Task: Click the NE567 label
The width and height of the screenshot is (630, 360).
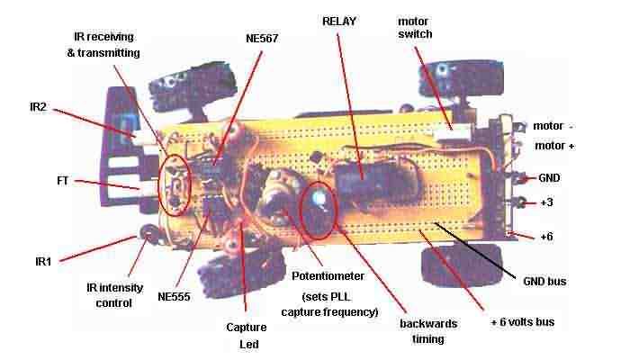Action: (x=262, y=39)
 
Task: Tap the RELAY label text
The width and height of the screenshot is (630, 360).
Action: (x=339, y=22)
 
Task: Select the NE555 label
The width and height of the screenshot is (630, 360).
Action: (x=174, y=297)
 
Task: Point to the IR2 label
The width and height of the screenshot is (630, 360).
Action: (x=38, y=107)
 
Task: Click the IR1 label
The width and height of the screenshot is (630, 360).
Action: (x=43, y=262)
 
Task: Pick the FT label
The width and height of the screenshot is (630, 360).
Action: (x=63, y=181)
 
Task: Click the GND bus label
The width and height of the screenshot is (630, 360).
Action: (x=544, y=281)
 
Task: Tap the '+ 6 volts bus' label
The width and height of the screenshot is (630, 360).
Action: (x=522, y=322)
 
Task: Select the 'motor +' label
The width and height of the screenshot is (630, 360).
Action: (x=554, y=146)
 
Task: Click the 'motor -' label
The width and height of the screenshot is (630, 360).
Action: (x=553, y=126)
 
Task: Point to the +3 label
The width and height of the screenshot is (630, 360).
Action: (x=546, y=202)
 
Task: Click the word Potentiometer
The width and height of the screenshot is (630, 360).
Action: (x=328, y=276)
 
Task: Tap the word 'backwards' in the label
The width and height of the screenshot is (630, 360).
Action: (x=428, y=323)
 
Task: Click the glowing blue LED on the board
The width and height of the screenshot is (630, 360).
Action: (x=319, y=198)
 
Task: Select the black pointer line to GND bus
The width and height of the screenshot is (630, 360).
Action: (x=475, y=249)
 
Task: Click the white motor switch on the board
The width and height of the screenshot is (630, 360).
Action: (x=453, y=131)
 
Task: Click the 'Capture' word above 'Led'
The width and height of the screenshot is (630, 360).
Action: (x=247, y=328)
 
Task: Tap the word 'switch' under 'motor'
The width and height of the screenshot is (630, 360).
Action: (x=415, y=34)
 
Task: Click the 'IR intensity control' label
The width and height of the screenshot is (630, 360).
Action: (x=114, y=295)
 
